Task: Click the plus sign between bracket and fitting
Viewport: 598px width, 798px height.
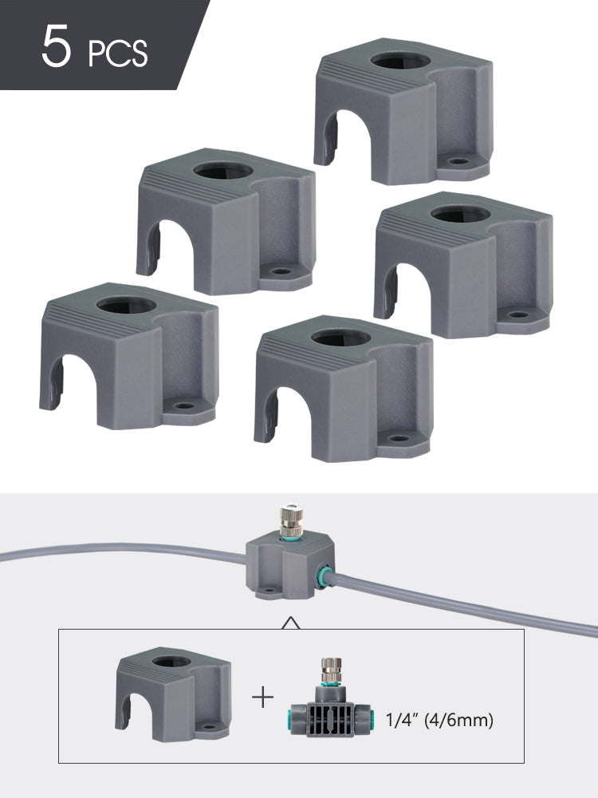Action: [263, 697]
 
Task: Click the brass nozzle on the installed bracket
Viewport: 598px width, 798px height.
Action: [292, 519]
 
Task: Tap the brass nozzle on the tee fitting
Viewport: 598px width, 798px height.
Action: [331, 671]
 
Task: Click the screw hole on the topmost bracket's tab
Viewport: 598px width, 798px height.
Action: [458, 161]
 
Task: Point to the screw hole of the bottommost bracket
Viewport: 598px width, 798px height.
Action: [399, 438]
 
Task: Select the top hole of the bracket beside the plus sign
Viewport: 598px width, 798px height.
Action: [171, 662]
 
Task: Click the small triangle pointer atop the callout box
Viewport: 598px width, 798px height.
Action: [291, 622]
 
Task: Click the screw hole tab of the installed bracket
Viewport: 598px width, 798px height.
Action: [269, 592]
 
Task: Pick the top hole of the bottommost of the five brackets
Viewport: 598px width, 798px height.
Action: [340, 337]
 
